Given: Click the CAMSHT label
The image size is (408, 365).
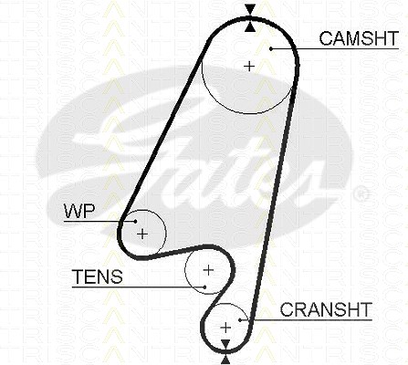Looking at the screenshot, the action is pyautogui.click(x=359, y=38).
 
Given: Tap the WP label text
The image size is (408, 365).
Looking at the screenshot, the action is pyautogui.click(x=79, y=211).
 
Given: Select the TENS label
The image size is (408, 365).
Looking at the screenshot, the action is pyautogui.click(x=98, y=276).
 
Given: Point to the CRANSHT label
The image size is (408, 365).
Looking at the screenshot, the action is pyautogui.click(x=326, y=309).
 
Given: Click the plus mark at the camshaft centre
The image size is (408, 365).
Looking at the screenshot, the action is pyautogui.click(x=249, y=66).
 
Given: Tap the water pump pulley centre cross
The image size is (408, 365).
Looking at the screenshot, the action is pyautogui.click(x=142, y=234).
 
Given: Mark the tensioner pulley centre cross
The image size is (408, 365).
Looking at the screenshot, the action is pyautogui.click(x=208, y=270).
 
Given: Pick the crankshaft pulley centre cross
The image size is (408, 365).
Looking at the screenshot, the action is pyautogui.click(x=225, y=328).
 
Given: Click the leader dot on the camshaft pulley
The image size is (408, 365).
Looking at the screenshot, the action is pyautogui.click(x=271, y=48).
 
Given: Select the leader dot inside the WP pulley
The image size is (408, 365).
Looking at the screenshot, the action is pyautogui.click(x=135, y=221).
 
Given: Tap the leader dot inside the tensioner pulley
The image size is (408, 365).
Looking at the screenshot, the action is pyautogui.click(x=205, y=287).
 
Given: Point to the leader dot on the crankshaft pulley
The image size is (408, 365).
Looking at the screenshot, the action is pyautogui.click(x=240, y=319).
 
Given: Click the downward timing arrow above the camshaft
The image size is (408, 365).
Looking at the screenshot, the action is pyautogui.click(x=250, y=9).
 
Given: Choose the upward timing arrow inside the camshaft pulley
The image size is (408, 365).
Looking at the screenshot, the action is pyautogui.click(x=250, y=26).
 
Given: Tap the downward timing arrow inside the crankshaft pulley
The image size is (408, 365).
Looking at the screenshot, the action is pyautogui.click(x=225, y=345).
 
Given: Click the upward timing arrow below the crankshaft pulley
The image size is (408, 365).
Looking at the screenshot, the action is pyautogui.click(x=225, y=360).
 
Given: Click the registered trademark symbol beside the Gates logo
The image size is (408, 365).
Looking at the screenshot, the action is pyautogui.click(x=361, y=193).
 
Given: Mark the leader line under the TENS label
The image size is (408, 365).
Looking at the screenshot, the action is pyautogui.click(x=139, y=287).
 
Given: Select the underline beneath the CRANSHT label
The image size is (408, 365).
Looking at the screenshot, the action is pyautogui.click(x=306, y=320).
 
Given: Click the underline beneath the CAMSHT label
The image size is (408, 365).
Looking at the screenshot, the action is pyautogui.click(x=335, y=48).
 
